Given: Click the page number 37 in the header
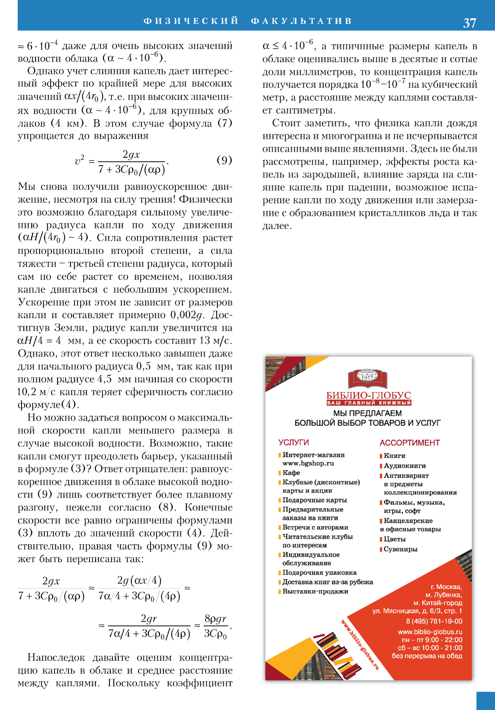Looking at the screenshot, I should pos(469,23).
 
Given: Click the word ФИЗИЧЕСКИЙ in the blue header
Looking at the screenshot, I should pos(191,21).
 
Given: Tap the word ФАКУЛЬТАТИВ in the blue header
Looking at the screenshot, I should pos(301,21).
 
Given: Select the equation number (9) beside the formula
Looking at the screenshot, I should pos(224,160).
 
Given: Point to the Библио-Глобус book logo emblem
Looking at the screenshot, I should pos(368,379).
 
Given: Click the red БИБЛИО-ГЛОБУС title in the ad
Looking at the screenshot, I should pos(368,395).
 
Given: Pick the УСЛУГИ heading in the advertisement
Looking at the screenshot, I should pos(293,443).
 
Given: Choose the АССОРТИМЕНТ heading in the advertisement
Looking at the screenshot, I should pos(410,443).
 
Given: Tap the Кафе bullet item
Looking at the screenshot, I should pos(291,473).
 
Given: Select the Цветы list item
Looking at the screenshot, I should pos(394,539).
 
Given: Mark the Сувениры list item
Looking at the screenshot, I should pos(400,549).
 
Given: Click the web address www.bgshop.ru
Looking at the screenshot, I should pos(308,463).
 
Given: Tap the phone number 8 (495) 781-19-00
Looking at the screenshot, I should pos(434,621).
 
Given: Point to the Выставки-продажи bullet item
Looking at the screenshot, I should pos(315,591).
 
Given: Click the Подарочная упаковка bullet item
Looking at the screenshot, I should pos(319,572).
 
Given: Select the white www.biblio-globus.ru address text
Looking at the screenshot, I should pos(430,632).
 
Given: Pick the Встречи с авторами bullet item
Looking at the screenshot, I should pos(315,527).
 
